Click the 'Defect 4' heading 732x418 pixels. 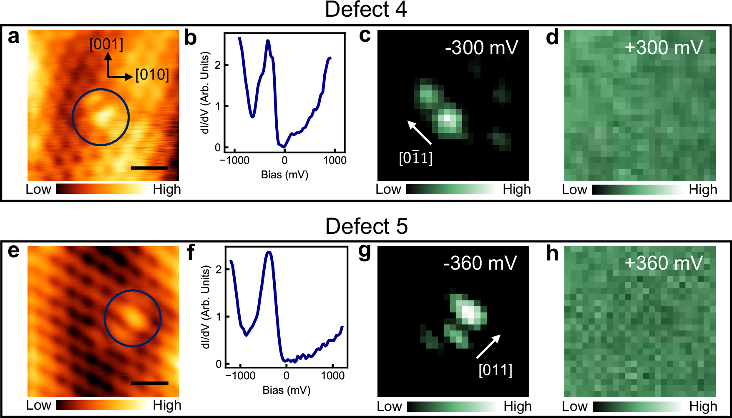[366, 9]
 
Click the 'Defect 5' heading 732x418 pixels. [366, 226]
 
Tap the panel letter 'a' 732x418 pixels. [14, 37]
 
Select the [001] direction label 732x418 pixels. [106, 45]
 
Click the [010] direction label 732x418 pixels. [152, 75]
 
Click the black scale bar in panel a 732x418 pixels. [149, 168]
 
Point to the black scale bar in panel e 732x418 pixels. [149, 383]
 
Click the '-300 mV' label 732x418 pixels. [481, 48]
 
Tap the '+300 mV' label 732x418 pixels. [664, 48]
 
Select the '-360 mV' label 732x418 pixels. [480, 263]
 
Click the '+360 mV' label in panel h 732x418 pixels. [664, 263]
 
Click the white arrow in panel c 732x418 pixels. [419, 132]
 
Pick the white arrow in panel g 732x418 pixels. [488, 346]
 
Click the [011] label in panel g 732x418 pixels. [495, 370]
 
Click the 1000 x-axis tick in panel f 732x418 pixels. [333, 376]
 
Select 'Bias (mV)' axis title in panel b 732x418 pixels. [284, 175]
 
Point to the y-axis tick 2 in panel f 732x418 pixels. [219, 269]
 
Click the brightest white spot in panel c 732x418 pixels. [447, 118]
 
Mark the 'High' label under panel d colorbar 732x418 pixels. [703, 190]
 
